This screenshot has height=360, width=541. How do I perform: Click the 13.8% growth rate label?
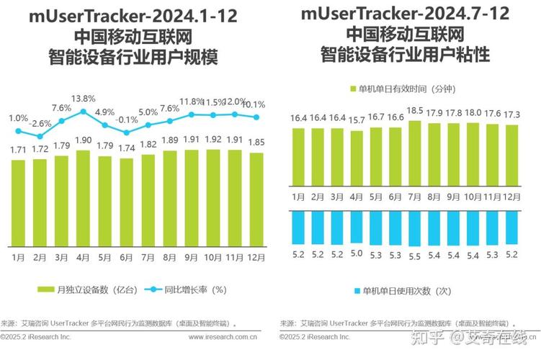point(83,99)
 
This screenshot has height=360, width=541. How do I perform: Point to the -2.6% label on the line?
point(40,123)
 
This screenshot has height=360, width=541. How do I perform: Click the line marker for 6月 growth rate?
point(127,132)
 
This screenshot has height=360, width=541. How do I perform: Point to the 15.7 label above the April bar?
point(356,120)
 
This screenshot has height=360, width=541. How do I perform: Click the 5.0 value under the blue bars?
point(356,253)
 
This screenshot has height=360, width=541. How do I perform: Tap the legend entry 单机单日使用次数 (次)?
point(408,290)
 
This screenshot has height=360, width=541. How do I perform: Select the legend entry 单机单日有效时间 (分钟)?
point(408,89)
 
